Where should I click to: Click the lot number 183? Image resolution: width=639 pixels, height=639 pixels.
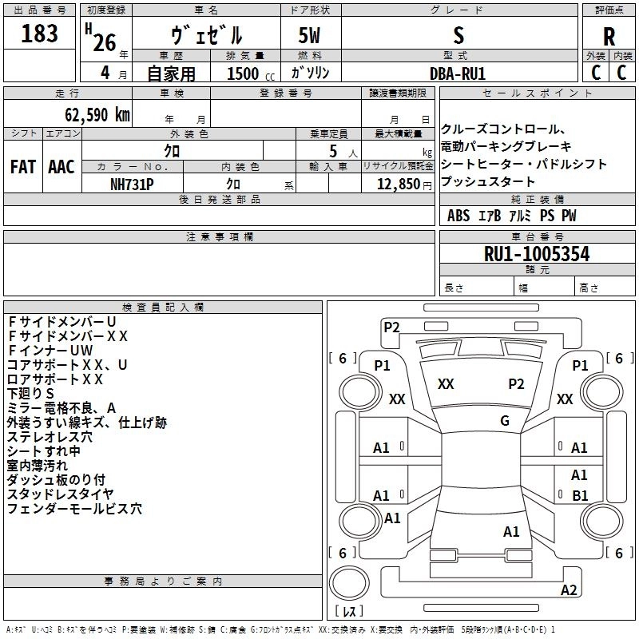point(39,34)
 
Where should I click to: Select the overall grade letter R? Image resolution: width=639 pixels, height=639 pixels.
point(609,37)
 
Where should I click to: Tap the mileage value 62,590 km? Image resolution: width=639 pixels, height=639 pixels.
point(89,114)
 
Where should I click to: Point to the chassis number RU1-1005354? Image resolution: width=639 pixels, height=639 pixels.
point(537,255)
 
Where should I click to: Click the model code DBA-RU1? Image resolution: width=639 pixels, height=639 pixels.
point(458,73)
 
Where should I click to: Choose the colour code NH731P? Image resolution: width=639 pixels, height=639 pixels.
point(132,184)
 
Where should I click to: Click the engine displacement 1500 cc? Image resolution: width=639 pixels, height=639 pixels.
point(243,73)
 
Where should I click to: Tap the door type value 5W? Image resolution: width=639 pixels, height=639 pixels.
point(311,36)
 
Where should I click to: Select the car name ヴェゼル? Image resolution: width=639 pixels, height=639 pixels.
point(207,36)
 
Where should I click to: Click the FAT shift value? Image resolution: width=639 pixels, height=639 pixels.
point(23,167)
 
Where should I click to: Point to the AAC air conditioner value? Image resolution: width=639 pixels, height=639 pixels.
point(62,167)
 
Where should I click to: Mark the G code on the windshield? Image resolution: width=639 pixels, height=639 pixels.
point(505,421)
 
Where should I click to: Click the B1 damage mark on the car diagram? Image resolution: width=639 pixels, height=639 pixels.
point(580,496)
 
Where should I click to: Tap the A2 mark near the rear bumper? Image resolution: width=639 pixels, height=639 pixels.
point(569,590)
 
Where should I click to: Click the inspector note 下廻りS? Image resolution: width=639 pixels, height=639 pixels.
point(30,393)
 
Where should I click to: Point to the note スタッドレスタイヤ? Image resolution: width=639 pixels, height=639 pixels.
point(60,494)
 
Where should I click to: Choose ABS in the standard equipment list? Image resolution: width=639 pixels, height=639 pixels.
point(458,216)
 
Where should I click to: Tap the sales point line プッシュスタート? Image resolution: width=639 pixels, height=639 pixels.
point(488,181)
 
